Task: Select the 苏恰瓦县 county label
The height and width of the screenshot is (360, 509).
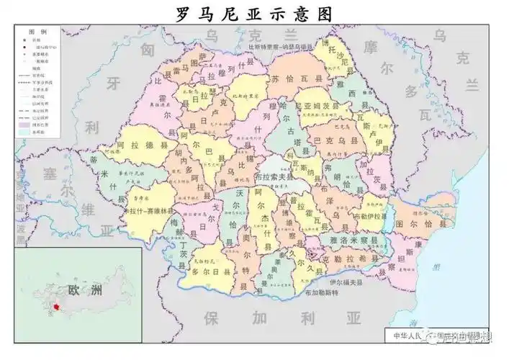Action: pyautogui.click(x=292, y=78)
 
